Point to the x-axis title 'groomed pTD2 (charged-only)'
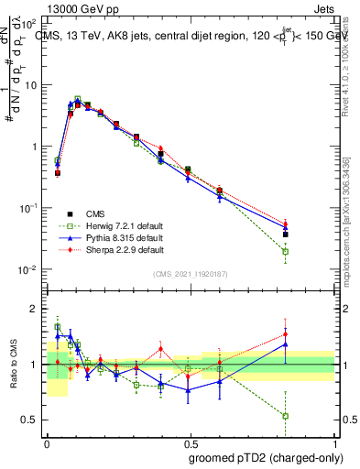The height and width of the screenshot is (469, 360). (x=266, y=457)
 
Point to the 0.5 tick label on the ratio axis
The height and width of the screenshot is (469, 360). (x=28, y=420)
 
